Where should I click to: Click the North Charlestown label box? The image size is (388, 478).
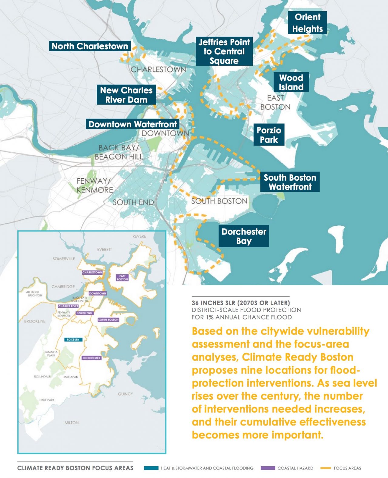(90, 46)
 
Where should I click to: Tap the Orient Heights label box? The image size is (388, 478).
(307, 23)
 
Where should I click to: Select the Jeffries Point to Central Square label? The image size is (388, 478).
(224, 51)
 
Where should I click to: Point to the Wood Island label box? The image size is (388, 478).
(291, 82)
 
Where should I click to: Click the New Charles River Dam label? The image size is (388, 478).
(126, 95)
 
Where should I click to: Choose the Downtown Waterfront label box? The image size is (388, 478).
(132, 124)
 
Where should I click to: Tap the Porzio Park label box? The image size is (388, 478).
(269, 135)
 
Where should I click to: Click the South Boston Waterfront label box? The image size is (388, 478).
(290, 182)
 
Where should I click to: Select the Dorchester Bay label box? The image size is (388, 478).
(244, 236)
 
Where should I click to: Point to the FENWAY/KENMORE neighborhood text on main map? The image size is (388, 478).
(94, 185)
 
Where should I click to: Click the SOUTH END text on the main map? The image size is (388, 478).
(133, 202)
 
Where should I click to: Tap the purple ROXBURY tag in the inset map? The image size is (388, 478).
(73, 339)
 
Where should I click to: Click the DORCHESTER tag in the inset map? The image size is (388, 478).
(92, 358)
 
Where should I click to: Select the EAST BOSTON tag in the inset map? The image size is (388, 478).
(122, 277)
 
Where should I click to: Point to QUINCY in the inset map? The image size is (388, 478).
(125, 394)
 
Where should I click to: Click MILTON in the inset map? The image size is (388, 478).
(72, 423)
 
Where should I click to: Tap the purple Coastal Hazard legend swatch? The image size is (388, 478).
(268, 468)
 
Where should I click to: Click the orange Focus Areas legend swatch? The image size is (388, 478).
(325, 468)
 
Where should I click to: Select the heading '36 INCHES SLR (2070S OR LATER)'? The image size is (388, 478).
(241, 303)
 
